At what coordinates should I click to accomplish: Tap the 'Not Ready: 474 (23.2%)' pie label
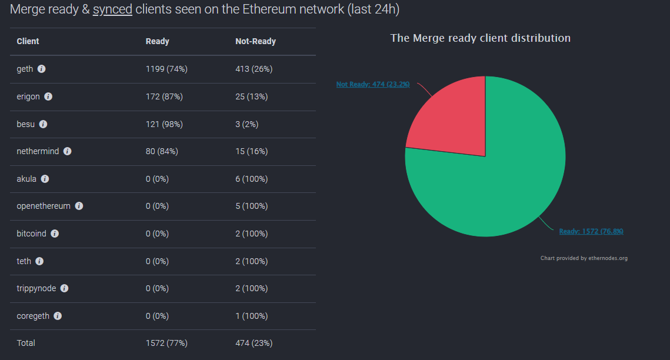pyautogui.click(x=372, y=84)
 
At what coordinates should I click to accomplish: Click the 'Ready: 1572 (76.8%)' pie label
pyautogui.click(x=591, y=231)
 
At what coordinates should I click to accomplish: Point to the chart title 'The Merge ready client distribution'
pyautogui.click(x=480, y=38)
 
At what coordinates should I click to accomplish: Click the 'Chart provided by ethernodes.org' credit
pyautogui.click(x=584, y=258)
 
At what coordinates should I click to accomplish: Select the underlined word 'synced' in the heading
pyautogui.click(x=112, y=9)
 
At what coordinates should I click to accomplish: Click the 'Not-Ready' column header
pyautogui.click(x=255, y=41)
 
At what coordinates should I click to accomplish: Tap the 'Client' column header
pyautogui.click(x=28, y=41)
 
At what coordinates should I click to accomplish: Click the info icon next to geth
pyautogui.click(x=41, y=69)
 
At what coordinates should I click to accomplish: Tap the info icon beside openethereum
pyautogui.click(x=79, y=206)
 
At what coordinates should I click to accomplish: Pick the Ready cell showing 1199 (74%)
pyautogui.click(x=166, y=69)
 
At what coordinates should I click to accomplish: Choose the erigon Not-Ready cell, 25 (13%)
pyautogui.click(x=251, y=96)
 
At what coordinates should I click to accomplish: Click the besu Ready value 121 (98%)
pyautogui.click(x=164, y=124)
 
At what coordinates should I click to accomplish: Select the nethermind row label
pyautogui.click(x=38, y=151)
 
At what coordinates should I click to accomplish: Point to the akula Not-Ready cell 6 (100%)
pyautogui.click(x=251, y=179)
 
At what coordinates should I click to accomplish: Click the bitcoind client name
pyautogui.click(x=31, y=234)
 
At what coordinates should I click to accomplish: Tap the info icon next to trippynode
pyautogui.click(x=65, y=288)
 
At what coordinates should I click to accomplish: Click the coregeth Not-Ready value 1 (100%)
pyautogui.click(x=251, y=316)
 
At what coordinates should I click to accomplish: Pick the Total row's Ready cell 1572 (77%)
pyautogui.click(x=166, y=343)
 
